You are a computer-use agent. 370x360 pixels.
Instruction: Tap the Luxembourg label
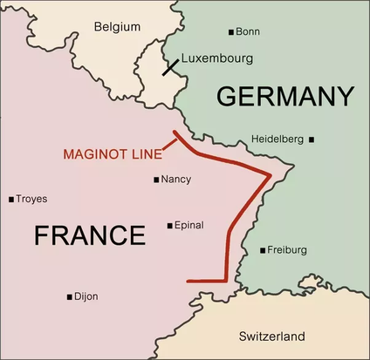pyautogui.click(x=217, y=58)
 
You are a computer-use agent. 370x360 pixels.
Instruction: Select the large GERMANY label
pyautogui.click(x=285, y=96)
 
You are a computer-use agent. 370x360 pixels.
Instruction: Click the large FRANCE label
pyautogui.click(x=89, y=234)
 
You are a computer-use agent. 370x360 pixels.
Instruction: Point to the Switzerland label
pyautogui.click(x=271, y=336)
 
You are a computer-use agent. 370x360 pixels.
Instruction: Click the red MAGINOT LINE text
pyautogui.click(x=112, y=154)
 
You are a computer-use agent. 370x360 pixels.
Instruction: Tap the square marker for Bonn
pyautogui.click(x=231, y=32)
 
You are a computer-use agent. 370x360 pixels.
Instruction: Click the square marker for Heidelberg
pyautogui.click(x=312, y=139)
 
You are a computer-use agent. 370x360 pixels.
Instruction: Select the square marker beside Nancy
pyautogui.click(x=155, y=180)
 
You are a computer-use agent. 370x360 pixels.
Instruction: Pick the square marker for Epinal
pyautogui.click(x=169, y=225)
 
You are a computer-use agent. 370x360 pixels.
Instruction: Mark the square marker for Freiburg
pyautogui.click(x=263, y=250)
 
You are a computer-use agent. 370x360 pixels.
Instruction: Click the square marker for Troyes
pyautogui.click(x=10, y=199)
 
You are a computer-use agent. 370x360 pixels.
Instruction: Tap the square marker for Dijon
pyautogui.click(x=69, y=297)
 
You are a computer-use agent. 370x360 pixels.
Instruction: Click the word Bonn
pyautogui.click(x=249, y=32)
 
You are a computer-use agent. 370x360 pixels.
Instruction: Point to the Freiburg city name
pyautogui.click(x=287, y=250)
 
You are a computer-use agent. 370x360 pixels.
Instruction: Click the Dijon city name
pyautogui.click(x=86, y=297)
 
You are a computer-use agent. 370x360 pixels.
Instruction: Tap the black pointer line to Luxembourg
pyautogui.click(x=170, y=66)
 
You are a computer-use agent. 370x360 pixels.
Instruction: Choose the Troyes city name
pyautogui.click(x=31, y=199)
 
